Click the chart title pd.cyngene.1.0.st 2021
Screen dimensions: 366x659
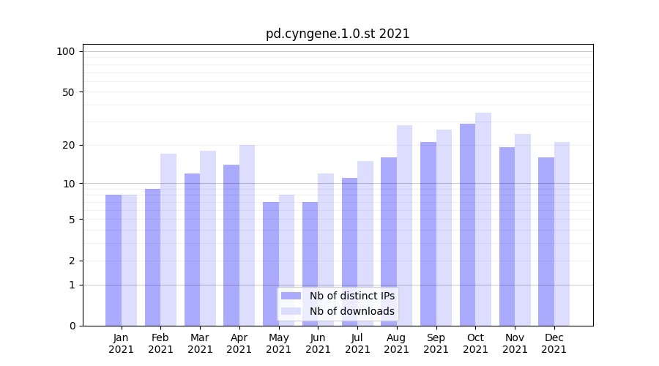[x=338, y=34]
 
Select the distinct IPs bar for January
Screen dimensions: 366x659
[x=113, y=260]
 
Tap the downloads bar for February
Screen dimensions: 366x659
[x=168, y=239]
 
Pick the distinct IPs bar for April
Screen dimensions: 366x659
[x=231, y=245]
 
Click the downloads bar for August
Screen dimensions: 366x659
[x=404, y=225]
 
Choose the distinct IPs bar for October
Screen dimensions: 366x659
[x=467, y=225]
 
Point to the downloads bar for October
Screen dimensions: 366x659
[x=483, y=219]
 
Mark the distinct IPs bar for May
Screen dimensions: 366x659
[x=271, y=264]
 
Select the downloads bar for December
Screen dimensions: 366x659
[x=562, y=234]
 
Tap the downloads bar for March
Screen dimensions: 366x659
[x=208, y=238]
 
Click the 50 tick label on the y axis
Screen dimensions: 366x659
[x=69, y=92]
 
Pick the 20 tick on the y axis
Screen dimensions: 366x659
[x=69, y=145]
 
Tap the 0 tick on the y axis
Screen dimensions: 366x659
[x=72, y=326]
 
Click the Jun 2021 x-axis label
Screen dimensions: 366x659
[x=318, y=343]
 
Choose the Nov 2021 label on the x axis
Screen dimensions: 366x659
[x=515, y=343]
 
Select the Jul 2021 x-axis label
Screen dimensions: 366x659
[x=357, y=343]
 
